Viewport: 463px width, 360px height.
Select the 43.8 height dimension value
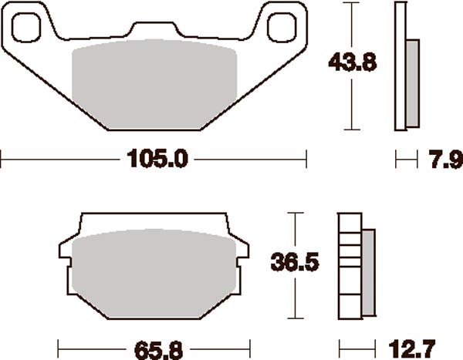[353, 62]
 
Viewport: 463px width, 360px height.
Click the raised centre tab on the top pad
[154, 29]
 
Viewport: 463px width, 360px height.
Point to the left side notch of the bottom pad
[65, 249]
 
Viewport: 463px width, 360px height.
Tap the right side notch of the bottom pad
[244, 249]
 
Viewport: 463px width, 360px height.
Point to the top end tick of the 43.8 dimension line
[353, 3]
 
